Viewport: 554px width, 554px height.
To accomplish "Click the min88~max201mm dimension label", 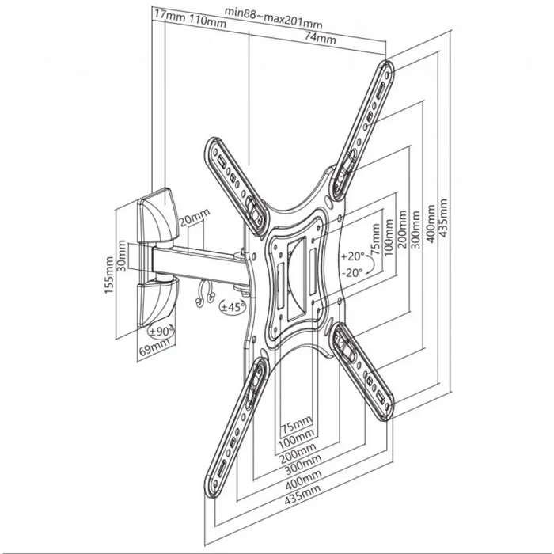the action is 274,17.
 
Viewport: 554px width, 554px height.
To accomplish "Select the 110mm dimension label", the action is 207,21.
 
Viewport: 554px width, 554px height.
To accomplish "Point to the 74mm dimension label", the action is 320,37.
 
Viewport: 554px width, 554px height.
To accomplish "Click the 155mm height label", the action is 109,275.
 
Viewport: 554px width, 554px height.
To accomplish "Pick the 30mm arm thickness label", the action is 122,256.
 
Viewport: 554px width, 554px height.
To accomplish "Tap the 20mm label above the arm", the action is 194,218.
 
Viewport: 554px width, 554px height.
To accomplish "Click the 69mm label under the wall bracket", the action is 154,347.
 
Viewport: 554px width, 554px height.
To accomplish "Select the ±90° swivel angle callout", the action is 161,331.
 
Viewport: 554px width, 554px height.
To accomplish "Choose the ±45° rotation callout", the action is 233,307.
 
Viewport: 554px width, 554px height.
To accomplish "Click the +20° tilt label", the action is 353,256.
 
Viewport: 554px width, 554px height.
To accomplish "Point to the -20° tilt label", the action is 352,272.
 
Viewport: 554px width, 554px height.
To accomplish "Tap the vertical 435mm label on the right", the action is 442,218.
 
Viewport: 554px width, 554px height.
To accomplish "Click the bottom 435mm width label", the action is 302,493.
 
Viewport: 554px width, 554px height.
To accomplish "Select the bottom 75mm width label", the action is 297,425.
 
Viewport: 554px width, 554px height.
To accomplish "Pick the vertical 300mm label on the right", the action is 415,230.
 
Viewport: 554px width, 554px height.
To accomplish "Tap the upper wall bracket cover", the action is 158,216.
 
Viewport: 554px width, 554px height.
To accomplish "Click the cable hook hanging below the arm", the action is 205,294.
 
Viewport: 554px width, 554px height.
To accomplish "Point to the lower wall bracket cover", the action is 157,301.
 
